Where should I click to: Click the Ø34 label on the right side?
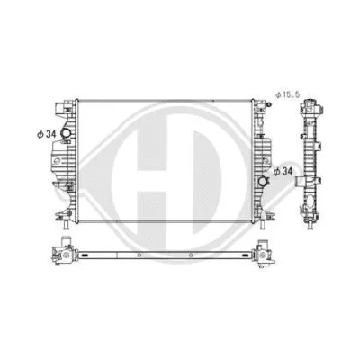283,168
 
